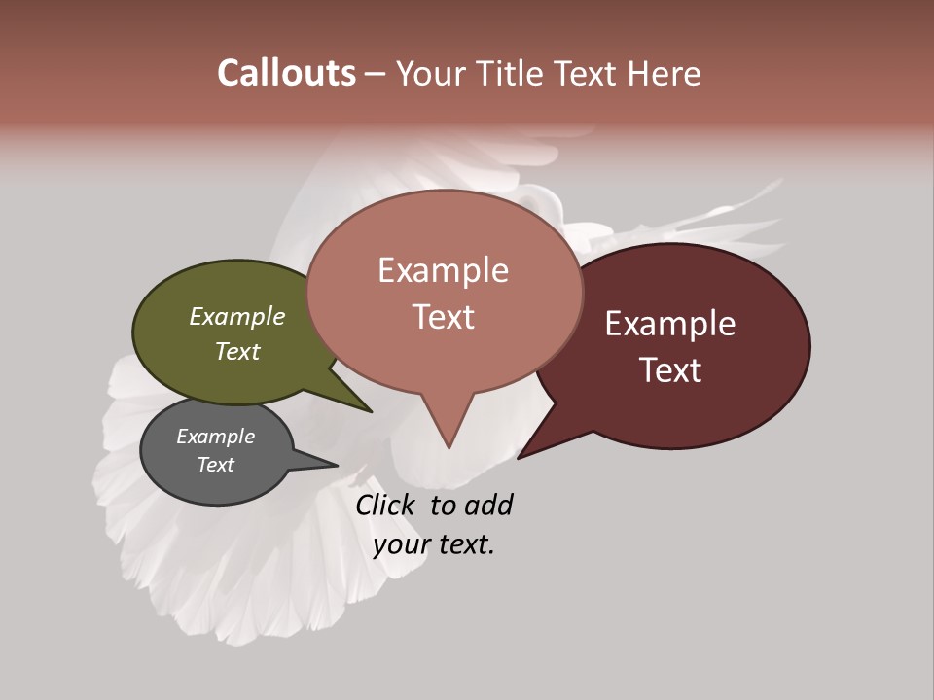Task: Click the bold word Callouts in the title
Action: pyautogui.click(x=286, y=73)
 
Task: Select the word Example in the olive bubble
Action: pyautogui.click(x=237, y=317)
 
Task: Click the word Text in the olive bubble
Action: pyautogui.click(x=237, y=351)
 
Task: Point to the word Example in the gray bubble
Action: pyautogui.click(x=215, y=437)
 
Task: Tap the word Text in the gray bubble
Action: pyautogui.click(x=215, y=465)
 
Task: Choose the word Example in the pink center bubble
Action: pyautogui.click(x=444, y=270)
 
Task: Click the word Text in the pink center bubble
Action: pyautogui.click(x=444, y=316)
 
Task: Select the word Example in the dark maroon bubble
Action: pyautogui.click(x=670, y=324)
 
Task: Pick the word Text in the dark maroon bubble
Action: pyautogui.click(x=670, y=369)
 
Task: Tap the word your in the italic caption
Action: pyautogui.click(x=401, y=544)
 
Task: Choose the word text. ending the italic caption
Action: pyautogui.click(x=465, y=544)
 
